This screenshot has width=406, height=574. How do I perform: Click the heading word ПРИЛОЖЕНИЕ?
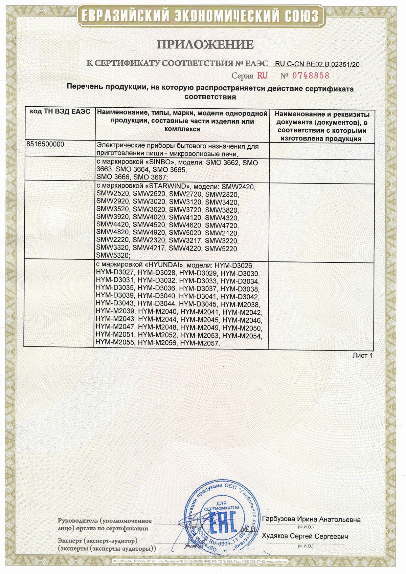(205, 44)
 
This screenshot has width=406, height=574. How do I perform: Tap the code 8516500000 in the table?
(45, 144)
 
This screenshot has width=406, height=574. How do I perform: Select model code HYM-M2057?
(200, 343)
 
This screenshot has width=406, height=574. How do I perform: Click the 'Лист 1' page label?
(362, 355)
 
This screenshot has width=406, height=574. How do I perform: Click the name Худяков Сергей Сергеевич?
(305, 537)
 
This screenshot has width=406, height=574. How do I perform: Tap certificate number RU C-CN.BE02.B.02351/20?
(317, 64)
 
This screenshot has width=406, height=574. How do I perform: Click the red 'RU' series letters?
(262, 75)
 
